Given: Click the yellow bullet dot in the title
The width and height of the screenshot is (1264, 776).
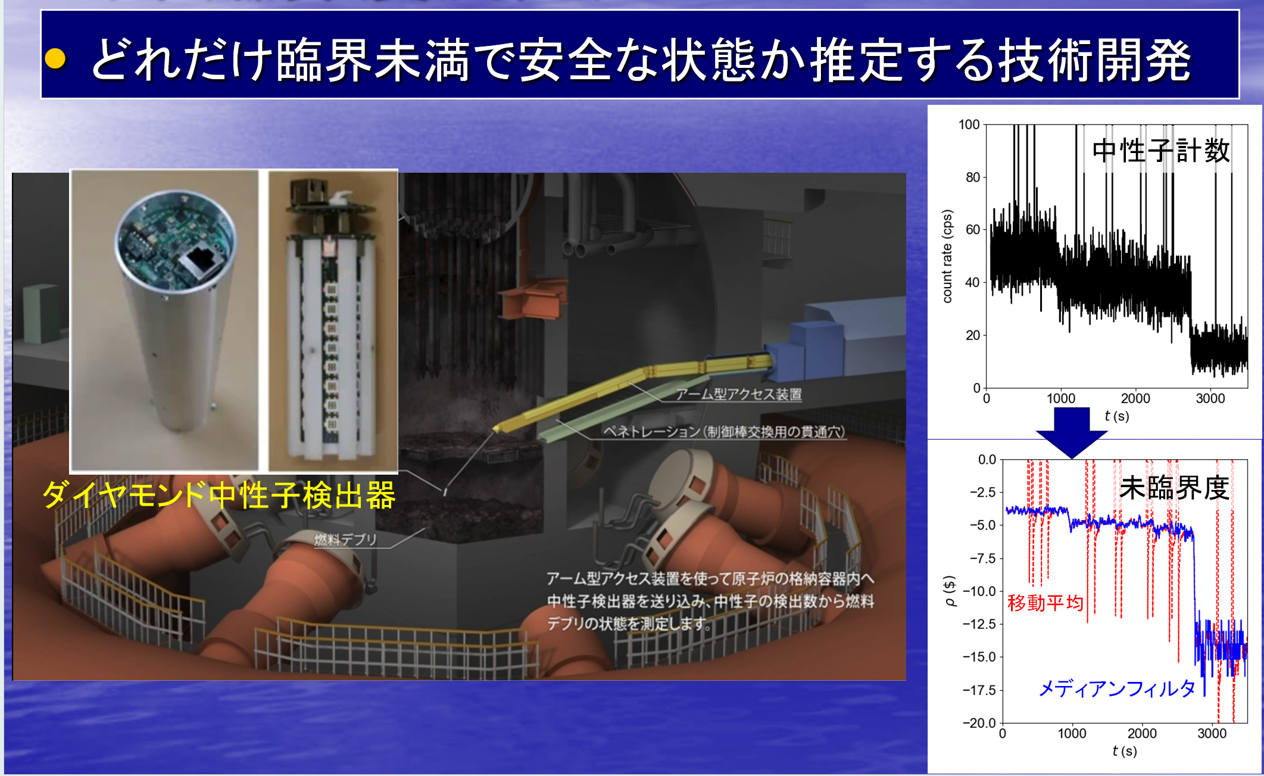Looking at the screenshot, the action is pyautogui.click(x=55, y=58).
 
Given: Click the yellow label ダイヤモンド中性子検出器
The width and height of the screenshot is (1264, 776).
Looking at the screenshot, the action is pyautogui.click(x=219, y=495).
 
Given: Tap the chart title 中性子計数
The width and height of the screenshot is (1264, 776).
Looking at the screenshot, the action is pyautogui.click(x=1161, y=150).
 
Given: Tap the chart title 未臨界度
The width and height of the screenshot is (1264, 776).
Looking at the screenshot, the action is pyautogui.click(x=1174, y=488).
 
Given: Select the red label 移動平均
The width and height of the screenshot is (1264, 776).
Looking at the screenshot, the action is pyautogui.click(x=1045, y=603).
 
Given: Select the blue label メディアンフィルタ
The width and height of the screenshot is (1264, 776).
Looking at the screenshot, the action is pyautogui.click(x=1117, y=688).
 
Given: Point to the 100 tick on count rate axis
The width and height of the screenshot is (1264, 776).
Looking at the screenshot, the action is pyautogui.click(x=969, y=124).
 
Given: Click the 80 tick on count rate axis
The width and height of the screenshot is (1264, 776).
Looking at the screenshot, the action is pyautogui.click(x=972, y=177).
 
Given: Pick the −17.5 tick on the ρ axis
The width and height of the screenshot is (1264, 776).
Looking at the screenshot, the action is pyautogui.click(x=979, y=690).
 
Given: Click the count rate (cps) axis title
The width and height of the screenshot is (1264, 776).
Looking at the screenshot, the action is pyautogui.click(x=947, y=256).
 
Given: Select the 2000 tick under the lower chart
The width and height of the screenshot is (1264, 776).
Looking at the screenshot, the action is pyautogui.click(x=1142, y=733).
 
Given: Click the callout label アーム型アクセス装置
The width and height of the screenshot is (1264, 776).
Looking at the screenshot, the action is pyautogui.click(x=738, y=394).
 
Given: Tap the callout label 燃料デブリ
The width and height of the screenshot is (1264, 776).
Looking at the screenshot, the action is pyautogui.click(x=345, y=539).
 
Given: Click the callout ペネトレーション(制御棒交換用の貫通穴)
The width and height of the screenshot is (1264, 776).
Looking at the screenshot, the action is pyautogui.click(x=724, y=431).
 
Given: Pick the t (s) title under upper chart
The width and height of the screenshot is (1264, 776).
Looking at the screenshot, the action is pyautogui.click(x=1117, y=416).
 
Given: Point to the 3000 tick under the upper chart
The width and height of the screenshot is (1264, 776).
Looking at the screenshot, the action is pyautogui.click(x=1210, y=398).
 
